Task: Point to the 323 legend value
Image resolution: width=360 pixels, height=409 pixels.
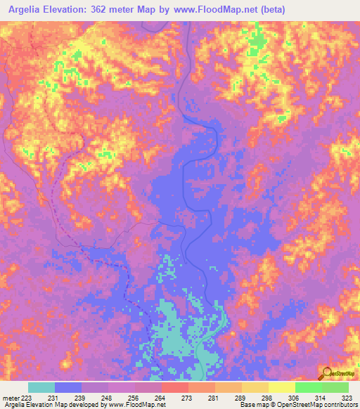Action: click(x=347, y=398)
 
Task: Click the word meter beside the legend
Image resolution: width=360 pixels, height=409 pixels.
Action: click(x=10, y=398)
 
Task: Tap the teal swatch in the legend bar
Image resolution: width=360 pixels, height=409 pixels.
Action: click(x=41, y=388)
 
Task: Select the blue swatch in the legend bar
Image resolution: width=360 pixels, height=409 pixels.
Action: click(x=68, y=388)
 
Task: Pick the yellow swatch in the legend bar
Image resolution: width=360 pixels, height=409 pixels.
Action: click(x=281, y=388)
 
